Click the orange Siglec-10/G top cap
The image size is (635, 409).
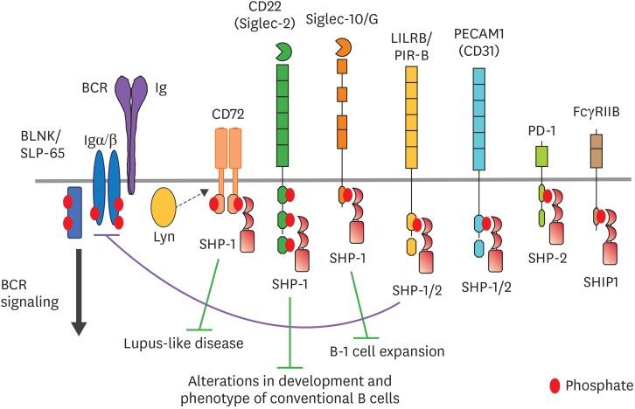click(343, 45)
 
